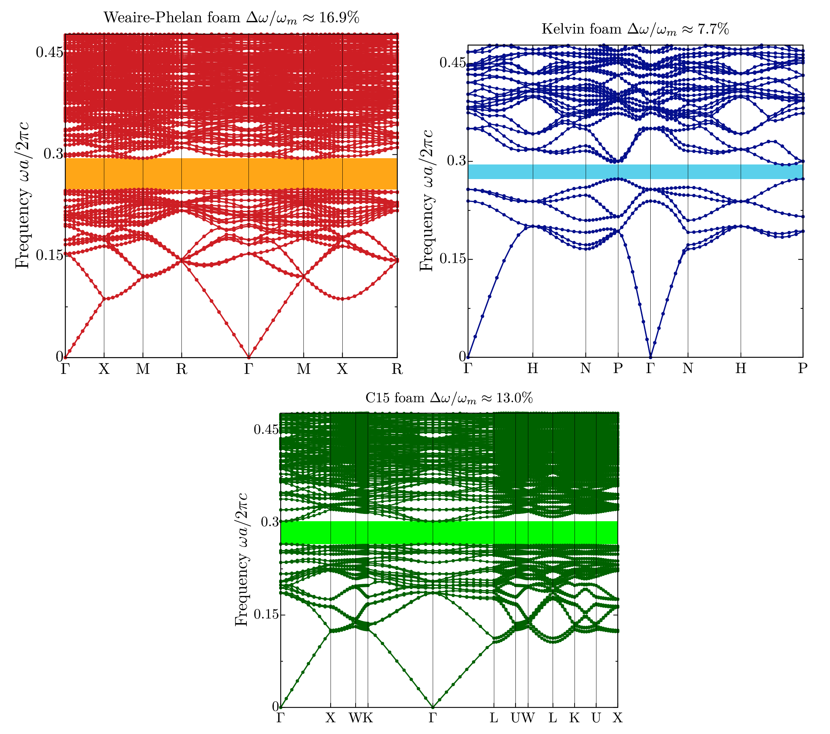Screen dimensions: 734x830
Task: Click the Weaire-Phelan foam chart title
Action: pyautogui.click(x=231, y=18)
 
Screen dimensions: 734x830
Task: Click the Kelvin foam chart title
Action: pyautogui.click(x=635, y=29)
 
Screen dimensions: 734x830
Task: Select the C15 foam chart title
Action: pyautogui.click(x=449, y=398)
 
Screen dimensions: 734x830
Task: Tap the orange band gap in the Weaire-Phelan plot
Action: pyautogui.click(x=231, y=174)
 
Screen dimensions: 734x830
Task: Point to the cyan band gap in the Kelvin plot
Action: pyautogui.click(x=635, y=171)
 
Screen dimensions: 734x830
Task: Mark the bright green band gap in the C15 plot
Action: pyautogui.click(x=449, y=533)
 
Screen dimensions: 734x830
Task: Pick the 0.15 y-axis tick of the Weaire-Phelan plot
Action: pyautogui.click(x=49, y=255)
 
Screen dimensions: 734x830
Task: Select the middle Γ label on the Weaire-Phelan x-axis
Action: pyautogui.click(x=249, y=369)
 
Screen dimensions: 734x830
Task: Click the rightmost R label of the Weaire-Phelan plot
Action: pyautogui.click(x=397, y=369)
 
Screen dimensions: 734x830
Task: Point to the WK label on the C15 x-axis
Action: pyautogui.click(x=361, y=718)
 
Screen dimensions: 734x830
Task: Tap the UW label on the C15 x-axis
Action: pyautogui.click(x=522, y=718)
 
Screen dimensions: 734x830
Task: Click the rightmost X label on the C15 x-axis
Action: pyautogui.click(x=617, y=718)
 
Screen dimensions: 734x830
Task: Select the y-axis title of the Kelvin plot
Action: pyautogui.click(x=426, y=201)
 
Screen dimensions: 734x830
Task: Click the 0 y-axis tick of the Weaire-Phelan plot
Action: pyautogui.click(x=59, y=357)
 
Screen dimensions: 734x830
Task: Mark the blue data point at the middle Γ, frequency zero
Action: pyautogui.click(x=651, y=357)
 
